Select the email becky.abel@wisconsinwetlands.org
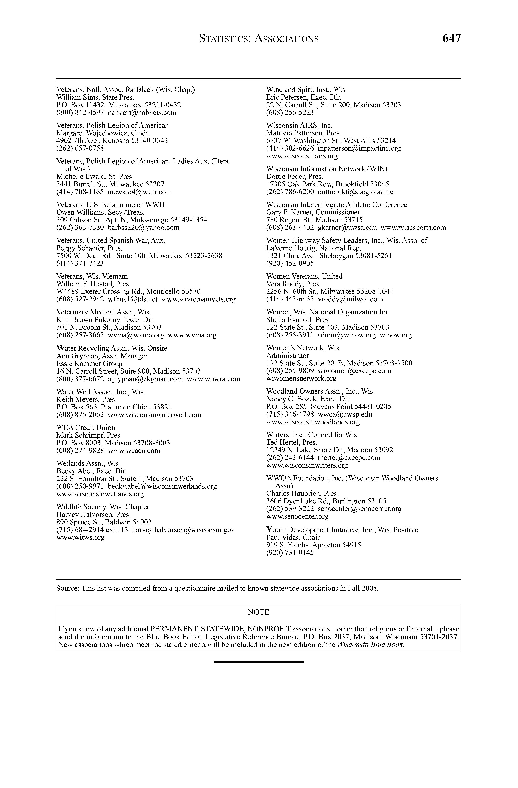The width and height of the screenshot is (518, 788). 162,486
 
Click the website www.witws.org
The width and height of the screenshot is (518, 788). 80,537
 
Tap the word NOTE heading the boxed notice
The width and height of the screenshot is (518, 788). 258,612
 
